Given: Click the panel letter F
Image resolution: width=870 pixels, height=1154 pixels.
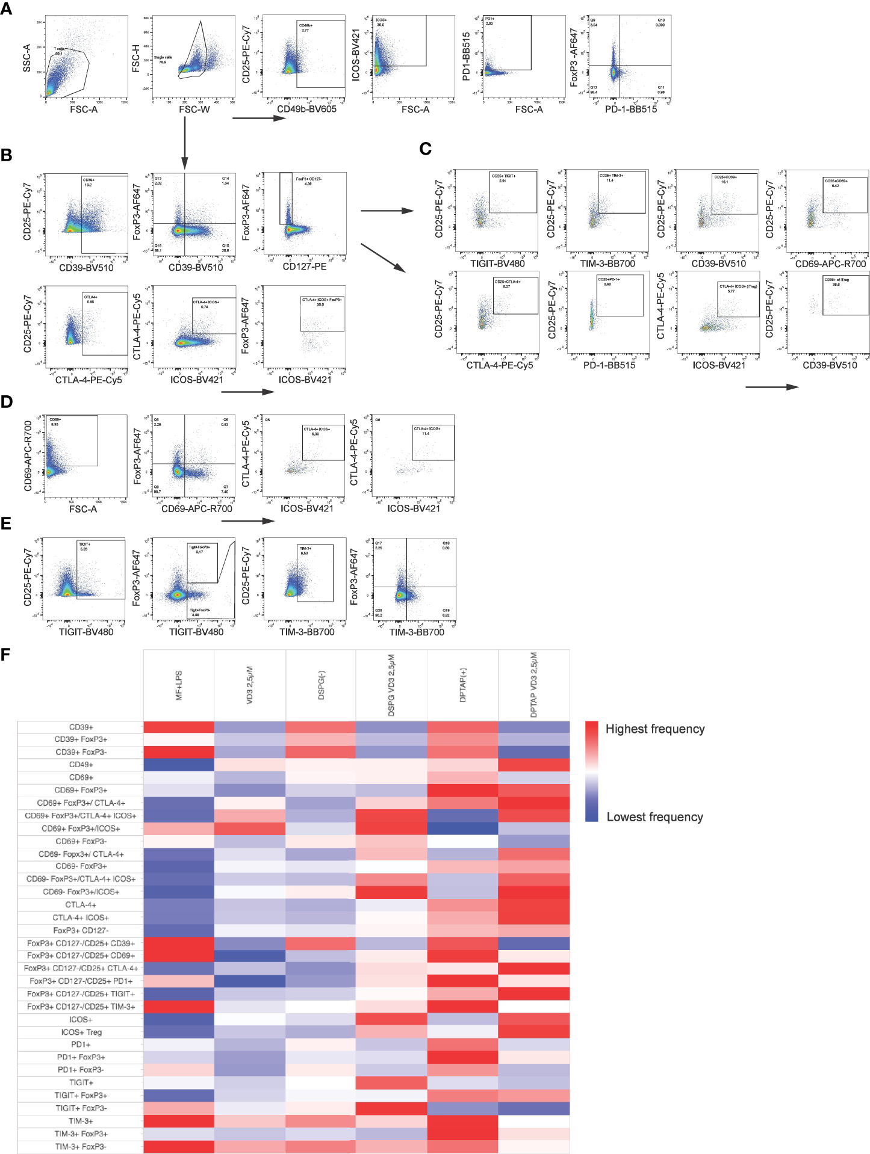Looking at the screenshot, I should [x=6, y=654].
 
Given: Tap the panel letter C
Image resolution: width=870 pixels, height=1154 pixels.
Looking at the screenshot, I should [x=425, y=149].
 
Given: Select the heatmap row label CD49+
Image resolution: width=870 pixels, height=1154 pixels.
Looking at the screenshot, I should [x=81, y=765].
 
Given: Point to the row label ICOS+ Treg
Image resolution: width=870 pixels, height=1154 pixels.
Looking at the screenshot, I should [x=81, y=1032].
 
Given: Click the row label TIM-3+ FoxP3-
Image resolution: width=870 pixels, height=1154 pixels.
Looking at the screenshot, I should [x=81, y=1146].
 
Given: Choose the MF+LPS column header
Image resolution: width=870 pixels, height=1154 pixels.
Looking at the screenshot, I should [x=178, y=686].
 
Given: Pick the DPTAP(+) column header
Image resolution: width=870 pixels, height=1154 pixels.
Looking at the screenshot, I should [x=463, y=686].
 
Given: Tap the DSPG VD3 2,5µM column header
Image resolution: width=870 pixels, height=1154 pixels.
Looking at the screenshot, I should [x=391, y=686].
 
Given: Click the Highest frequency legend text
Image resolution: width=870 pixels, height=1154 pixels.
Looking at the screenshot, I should [x=654, y=729].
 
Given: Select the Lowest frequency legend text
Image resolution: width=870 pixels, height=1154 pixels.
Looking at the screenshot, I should [x=654, y=816].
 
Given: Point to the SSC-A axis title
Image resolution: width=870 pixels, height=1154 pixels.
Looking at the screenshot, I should [x=26, y=58].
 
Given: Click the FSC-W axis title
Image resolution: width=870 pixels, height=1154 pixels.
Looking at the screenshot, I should [x=194, y=110].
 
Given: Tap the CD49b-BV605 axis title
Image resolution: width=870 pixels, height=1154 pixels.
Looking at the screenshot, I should [x=306, y=110].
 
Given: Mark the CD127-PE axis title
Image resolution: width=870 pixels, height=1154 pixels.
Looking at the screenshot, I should [x=305, y=267].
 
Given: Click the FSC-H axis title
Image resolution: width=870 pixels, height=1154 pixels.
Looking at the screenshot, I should [x=136, y=58].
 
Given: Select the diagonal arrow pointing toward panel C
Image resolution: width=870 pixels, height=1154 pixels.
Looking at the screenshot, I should [x=384, y=258].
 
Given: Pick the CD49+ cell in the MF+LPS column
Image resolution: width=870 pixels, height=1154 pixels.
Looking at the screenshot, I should [x=178, y=765].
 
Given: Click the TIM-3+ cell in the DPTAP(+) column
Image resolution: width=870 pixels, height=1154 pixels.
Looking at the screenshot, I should [x=463, y=1121].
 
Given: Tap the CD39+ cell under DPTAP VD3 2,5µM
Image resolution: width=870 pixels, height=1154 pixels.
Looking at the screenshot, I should [x=534, y=727].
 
